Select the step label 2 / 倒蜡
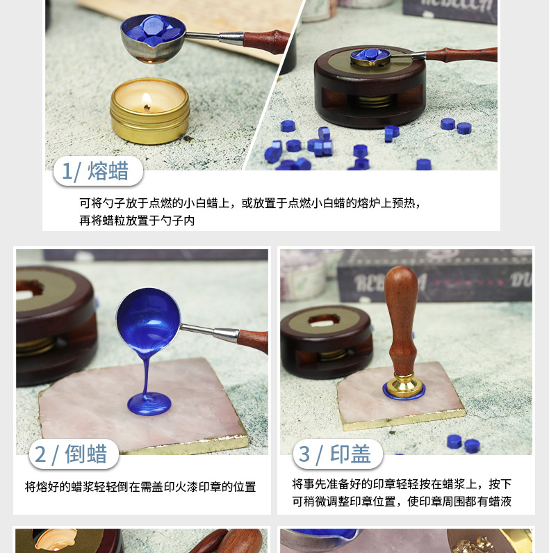coord(73,454)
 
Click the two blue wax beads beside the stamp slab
coord(463,442)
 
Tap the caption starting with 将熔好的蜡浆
coord(140,487)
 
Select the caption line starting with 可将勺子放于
coord(250,203)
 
